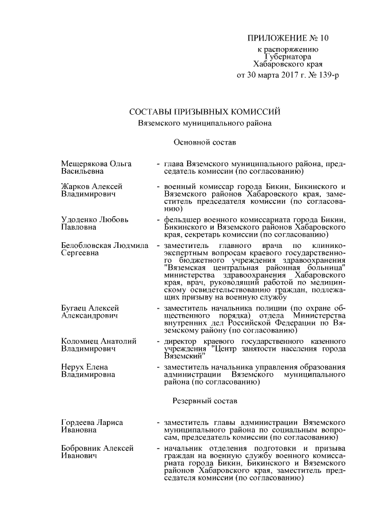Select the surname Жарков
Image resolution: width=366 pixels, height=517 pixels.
(x=74, y=186)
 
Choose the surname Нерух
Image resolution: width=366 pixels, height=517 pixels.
(x=73, y=366)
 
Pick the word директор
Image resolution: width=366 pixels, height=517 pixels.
(x=181, y=341)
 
